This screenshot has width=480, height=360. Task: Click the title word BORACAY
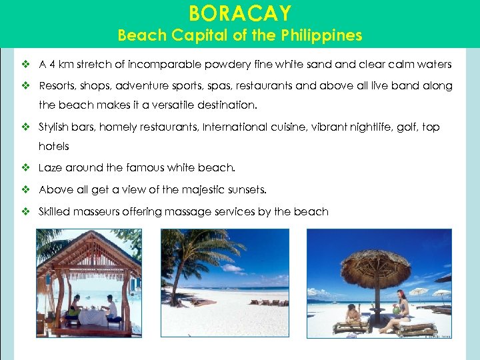click(239, 13)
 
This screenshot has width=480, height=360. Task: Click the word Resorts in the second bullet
click(57, 86)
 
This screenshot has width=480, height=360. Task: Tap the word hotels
click(54, 146)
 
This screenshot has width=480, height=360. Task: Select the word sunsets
click(244, 190)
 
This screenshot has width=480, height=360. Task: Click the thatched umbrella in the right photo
click(375, 267)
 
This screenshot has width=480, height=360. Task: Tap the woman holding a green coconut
click(401, 310)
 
